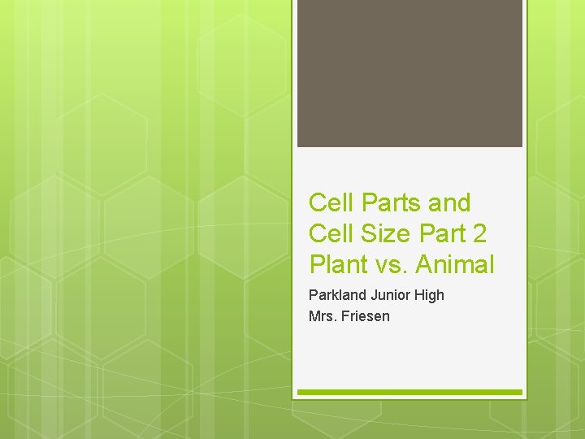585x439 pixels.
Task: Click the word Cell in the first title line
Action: [330, 202]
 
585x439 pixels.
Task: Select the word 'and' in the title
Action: [448, 202]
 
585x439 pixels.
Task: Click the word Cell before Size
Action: [330, 233]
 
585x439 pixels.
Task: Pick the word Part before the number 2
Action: [443, 233]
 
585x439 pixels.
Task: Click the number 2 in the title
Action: [479, 233]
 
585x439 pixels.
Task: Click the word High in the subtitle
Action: [429, 296]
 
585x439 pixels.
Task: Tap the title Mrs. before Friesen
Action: [323, 316]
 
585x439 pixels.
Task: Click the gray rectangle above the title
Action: [409, 73]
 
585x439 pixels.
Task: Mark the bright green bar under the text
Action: [409, 392]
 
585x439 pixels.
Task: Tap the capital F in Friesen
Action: [346, 316]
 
